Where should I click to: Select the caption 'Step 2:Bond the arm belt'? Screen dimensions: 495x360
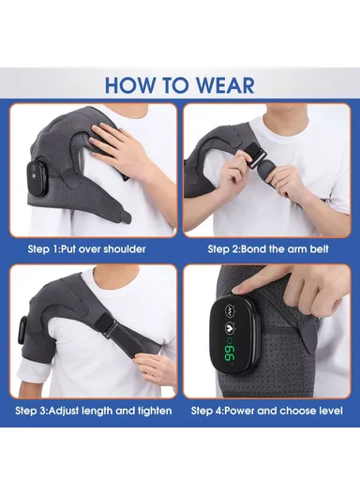click(270, 248)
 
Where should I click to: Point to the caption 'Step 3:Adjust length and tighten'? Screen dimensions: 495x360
click(92, 411)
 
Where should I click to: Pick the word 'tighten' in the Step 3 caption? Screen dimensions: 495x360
click(150, 411)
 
